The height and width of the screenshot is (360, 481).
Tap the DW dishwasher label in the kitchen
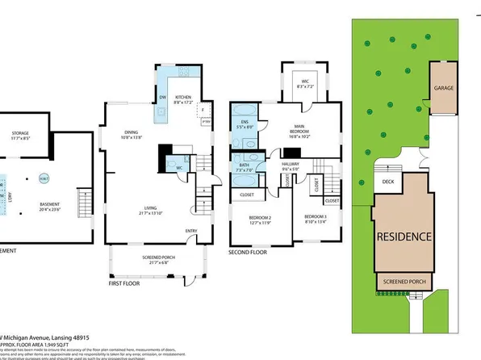pyautogui.click(x=162, y=98)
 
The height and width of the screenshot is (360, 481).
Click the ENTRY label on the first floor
pyautogui.click(x=190, y=231)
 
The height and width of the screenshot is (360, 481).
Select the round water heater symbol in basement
pyautogui.click(x=44, y=178)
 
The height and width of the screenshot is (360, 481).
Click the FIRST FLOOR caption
pyautogui.click(x=130, y=283)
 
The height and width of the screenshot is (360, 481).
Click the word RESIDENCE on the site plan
pyautogui.click(x=404, y=236)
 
